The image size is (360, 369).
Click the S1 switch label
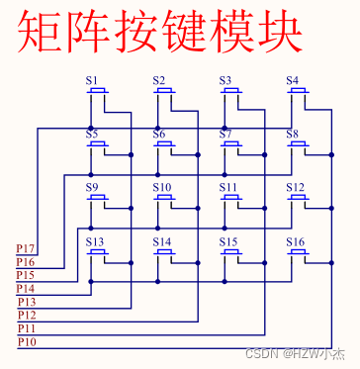92,81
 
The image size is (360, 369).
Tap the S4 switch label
293,81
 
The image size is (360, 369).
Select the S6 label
159,134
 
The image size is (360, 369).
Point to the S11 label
228,187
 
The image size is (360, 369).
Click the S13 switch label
95,241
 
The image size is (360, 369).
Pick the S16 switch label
296,241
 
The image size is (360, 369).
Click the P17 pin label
27,248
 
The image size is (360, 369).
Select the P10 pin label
27,342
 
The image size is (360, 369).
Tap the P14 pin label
27,288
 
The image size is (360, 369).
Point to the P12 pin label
27,315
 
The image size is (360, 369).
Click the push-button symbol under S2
164,92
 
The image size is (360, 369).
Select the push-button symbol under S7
231,144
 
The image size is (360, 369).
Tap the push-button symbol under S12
299,198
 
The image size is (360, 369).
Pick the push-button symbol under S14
164,252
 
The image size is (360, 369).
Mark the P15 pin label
27,275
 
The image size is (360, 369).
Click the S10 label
162,187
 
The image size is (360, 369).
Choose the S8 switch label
293,134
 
